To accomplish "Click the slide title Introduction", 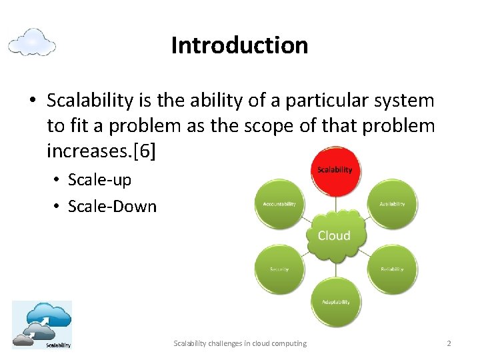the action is pos(239,45).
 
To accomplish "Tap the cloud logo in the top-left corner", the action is pos(32,42).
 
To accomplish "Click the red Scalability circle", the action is pos(335,171).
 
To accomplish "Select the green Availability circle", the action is pos(391,203).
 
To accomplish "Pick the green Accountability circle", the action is pos(279,203).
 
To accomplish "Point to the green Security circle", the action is pos(279,269).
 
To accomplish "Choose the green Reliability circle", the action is pos(391,269).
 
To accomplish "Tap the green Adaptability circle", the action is pos(335,301).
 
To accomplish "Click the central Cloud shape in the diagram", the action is pos(334,235).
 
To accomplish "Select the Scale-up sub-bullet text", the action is pos(99,181).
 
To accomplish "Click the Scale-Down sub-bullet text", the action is pos(112,207).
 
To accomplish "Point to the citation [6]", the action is pos(145,151).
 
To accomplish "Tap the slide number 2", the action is pos(449,343).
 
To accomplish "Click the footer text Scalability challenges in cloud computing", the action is pos(240,343).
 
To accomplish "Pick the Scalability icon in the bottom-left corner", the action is pos(41,325).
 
